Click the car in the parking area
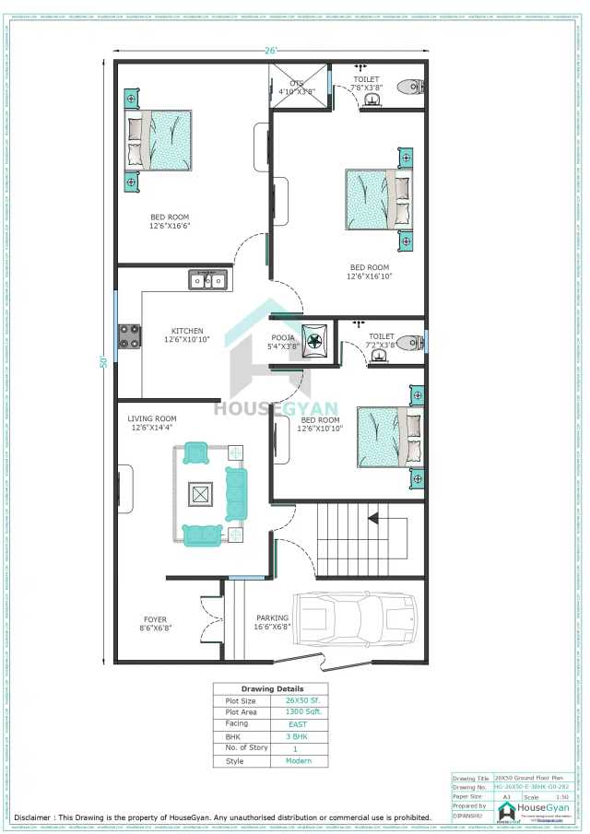pyautogui.click(x=360, y=617)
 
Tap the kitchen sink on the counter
pyautogui.click(x=209, y=279)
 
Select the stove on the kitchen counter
pyautogui.click(x=128, y=336)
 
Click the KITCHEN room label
pyautogui.click(x=187, y=332)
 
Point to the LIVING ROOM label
pyautogui.click(x=152, y=418)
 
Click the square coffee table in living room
pyautogui.click(x=200, y=494)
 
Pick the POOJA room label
pyautogui.click(x=283, y=338)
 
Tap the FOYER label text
pyautogui.click(x=155, y=619)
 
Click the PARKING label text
pyautogui.click(x=273, y=618)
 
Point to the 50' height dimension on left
pyautogui.click(x=105, y=361)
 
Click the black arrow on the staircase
pyautogui.click(x=374, y=519)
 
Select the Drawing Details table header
pyautogui.click(x=272, y=688)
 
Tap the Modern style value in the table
pyautogui.click(x=300, y=761)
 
